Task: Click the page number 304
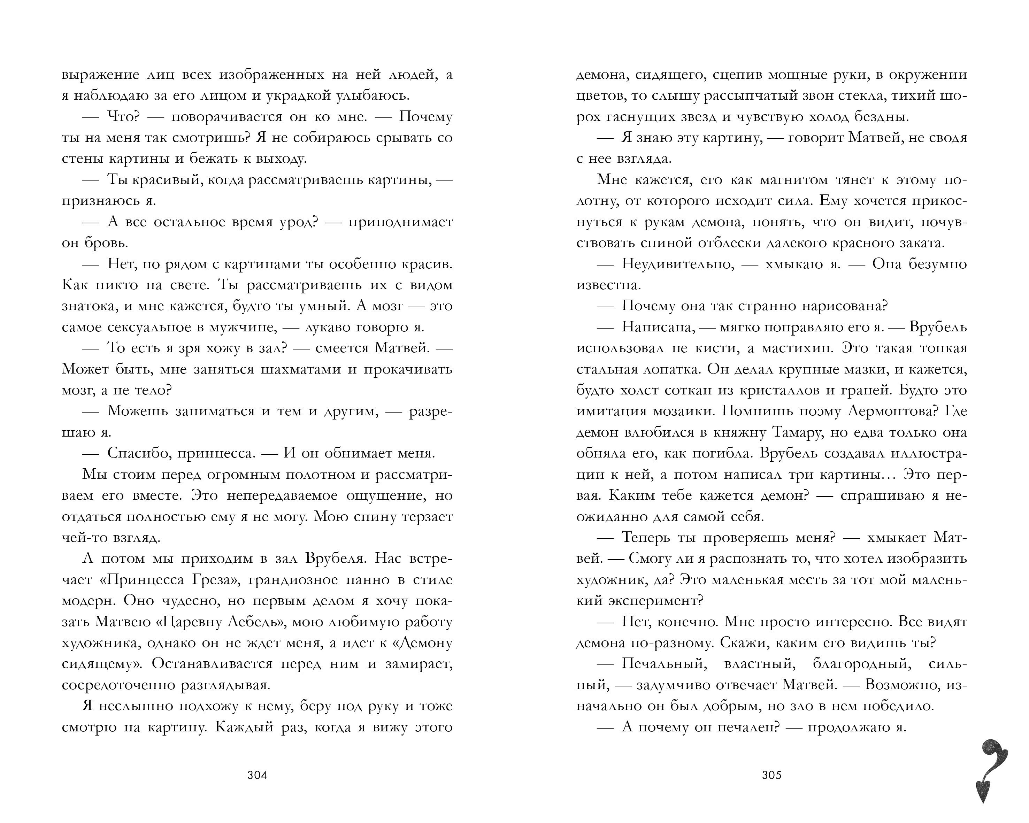tap(257, 775)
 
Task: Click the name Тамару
tap(793, 432)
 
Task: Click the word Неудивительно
tap(677, 264)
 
